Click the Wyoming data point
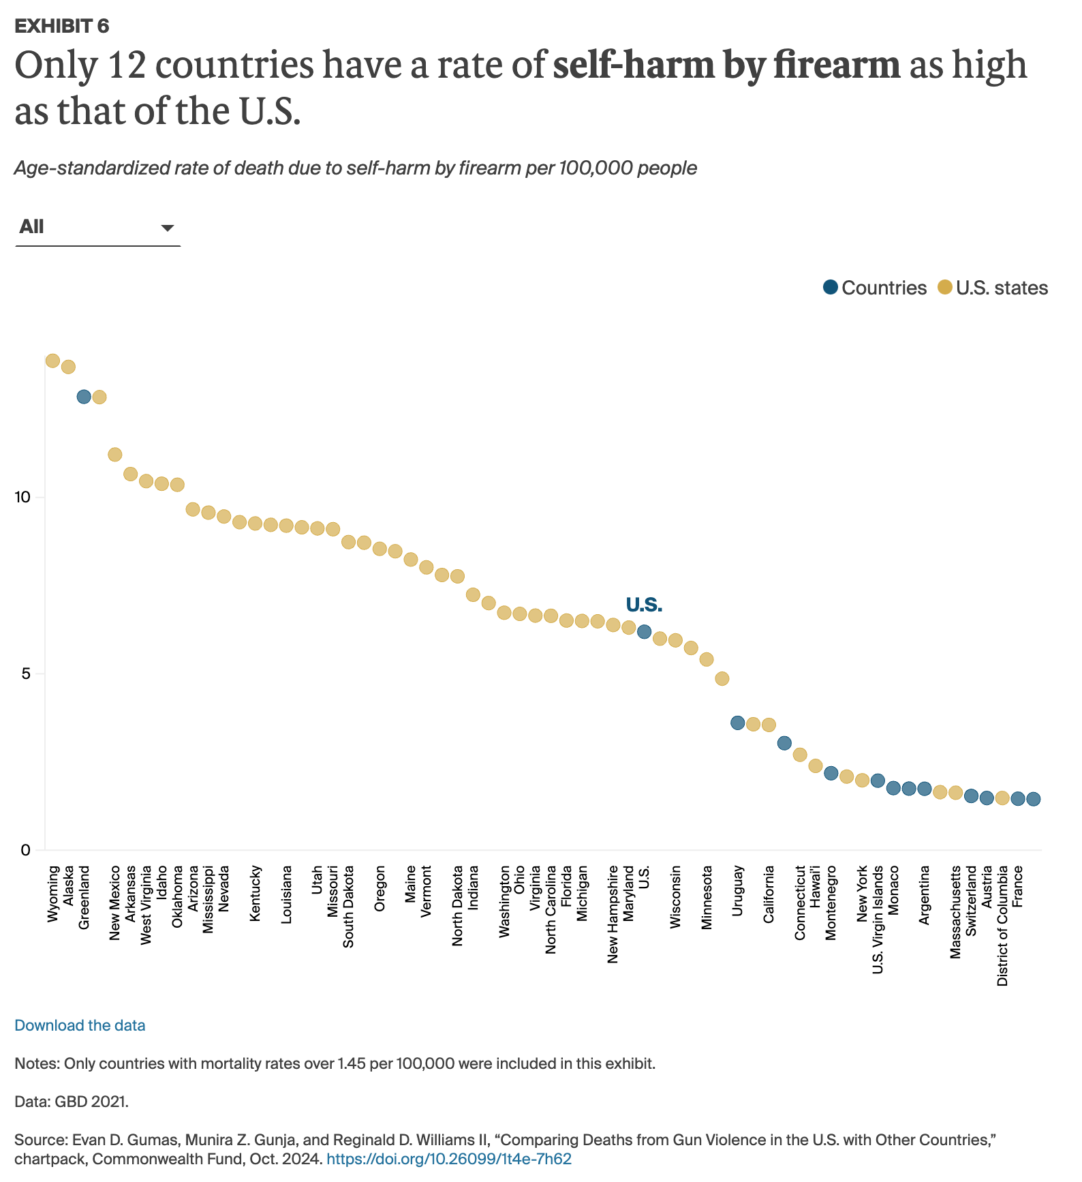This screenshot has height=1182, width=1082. (52, 361)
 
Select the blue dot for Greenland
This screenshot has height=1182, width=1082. (84, 397)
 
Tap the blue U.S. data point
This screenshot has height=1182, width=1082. (644, 632)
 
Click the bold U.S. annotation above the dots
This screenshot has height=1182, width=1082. (644, 605)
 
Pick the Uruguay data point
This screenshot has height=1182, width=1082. (737, 723)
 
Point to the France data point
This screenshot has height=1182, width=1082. (1018, 799)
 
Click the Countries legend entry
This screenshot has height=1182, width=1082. (875, 288)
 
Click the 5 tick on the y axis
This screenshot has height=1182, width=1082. (26, 674)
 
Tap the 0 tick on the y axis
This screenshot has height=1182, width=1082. (26, 850)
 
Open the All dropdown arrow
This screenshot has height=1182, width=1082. (167, 228)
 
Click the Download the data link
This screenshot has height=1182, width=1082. (80, 1025)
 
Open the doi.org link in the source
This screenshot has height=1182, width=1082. (449, 1159)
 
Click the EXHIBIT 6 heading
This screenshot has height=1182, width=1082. (62, 26)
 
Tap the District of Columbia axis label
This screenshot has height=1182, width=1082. (1002, 926)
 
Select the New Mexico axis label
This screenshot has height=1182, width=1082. (115, 903)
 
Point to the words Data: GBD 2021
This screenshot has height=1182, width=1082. (72, 1102)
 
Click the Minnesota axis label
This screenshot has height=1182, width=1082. (707, 897)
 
